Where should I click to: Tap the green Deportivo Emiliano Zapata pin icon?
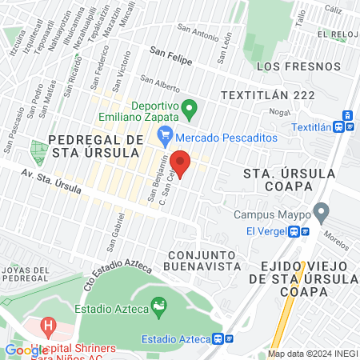pyautogui.click(x=190, y=107)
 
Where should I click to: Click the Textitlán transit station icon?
pyautogui.click(x=345, y=126)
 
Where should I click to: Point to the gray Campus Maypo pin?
pyautogui.click(x=322, y=214)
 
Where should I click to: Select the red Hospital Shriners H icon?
pyautogui.click(x=49, y=327)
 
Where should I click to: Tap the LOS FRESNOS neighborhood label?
pyautogui.click(x=293, y=66)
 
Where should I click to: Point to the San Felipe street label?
pyautogui.click(x=170, y=50)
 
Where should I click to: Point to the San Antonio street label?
pyautogui.click(x=198, y=34)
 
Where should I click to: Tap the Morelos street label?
pyautogui.click(x=338, y=238)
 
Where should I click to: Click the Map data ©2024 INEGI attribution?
pyautogui.click(x=312, y=354)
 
